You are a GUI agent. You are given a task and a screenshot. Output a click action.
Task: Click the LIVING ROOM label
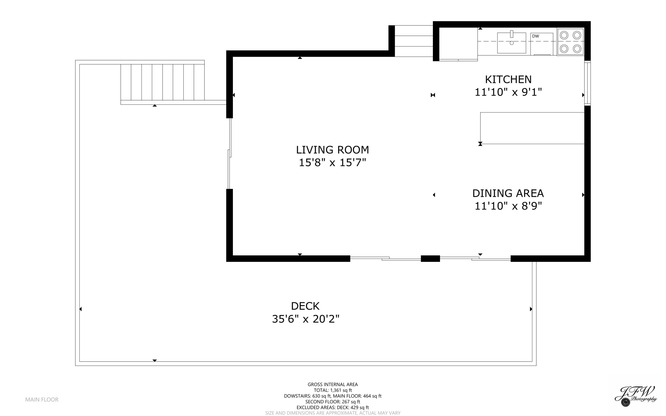(332, 150)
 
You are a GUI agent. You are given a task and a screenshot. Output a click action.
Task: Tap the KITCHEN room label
(508, 79)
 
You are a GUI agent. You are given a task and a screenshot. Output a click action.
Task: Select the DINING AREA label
(508, 193)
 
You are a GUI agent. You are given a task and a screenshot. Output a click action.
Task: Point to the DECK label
(305, 306)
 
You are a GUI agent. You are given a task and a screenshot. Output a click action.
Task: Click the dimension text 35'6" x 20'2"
(305, 319)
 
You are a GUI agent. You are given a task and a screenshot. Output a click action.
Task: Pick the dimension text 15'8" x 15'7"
(332, 163)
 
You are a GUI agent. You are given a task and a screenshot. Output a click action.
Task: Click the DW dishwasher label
(536, 36)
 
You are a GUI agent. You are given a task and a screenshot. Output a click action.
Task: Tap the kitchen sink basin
(511, 44)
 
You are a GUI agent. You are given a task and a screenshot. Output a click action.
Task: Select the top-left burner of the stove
(564, 35)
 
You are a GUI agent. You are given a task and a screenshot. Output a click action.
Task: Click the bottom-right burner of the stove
(577, 49)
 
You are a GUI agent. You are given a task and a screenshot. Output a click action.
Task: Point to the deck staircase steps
(162, 82)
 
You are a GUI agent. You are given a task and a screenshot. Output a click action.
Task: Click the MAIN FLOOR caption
(42, 399)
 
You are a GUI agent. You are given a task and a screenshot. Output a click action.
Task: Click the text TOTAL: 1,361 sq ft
(332, 390)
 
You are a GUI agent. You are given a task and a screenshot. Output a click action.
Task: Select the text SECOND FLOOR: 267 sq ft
(332, 402)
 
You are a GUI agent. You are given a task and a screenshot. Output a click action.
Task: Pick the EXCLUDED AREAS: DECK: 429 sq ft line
(332, 408)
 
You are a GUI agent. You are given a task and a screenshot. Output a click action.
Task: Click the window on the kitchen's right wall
(587, 83)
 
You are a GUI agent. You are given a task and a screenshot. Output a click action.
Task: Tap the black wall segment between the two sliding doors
(430, 259)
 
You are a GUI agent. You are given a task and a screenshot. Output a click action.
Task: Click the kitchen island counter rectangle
(532, 128)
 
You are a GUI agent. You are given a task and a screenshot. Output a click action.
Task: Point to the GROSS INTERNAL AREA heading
(332, 384)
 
